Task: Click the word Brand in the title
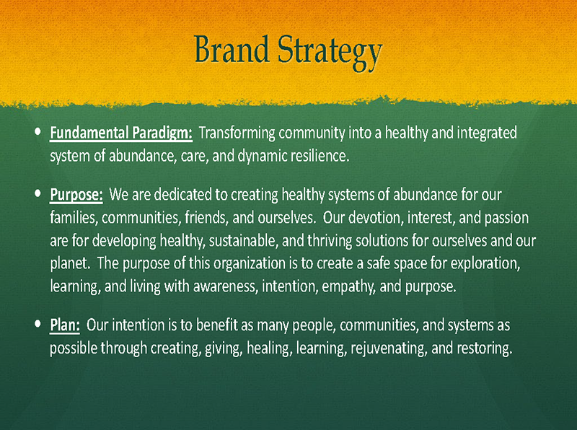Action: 232,49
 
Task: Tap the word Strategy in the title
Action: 330,53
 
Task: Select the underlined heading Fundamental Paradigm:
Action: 121,133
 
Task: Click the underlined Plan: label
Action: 65,325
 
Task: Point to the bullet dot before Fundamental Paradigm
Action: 38,131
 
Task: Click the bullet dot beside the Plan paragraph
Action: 38,324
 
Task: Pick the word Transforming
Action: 237,133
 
